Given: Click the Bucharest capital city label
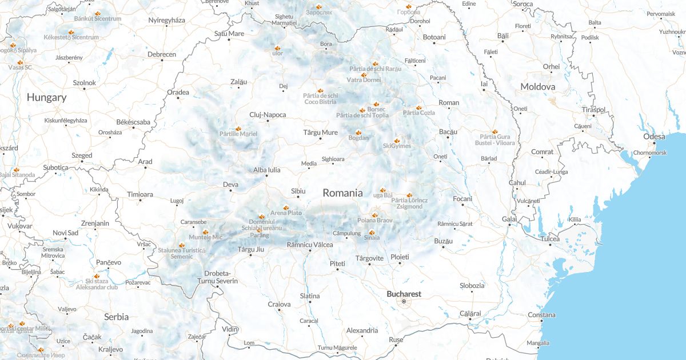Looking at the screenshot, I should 404,294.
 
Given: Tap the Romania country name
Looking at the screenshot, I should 342,193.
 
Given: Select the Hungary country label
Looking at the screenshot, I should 46,97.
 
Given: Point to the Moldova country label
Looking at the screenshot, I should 537,86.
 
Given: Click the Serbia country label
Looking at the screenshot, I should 116,316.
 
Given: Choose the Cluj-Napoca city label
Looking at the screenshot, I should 268,115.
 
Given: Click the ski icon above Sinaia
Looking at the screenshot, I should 372,233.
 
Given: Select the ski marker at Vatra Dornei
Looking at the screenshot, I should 364,74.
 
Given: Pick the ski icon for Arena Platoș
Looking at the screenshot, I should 286,207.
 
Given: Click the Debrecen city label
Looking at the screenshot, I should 162,54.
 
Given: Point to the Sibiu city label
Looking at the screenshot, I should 298,190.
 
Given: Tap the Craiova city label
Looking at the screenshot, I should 279,304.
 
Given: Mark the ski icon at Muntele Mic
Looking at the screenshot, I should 205,231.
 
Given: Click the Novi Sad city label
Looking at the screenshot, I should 65,233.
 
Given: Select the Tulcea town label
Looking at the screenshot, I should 551,238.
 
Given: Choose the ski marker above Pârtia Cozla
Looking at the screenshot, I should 418,107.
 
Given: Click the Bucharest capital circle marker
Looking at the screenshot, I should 404,301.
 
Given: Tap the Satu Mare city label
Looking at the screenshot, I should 229,33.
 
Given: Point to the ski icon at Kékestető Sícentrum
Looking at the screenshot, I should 71,32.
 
